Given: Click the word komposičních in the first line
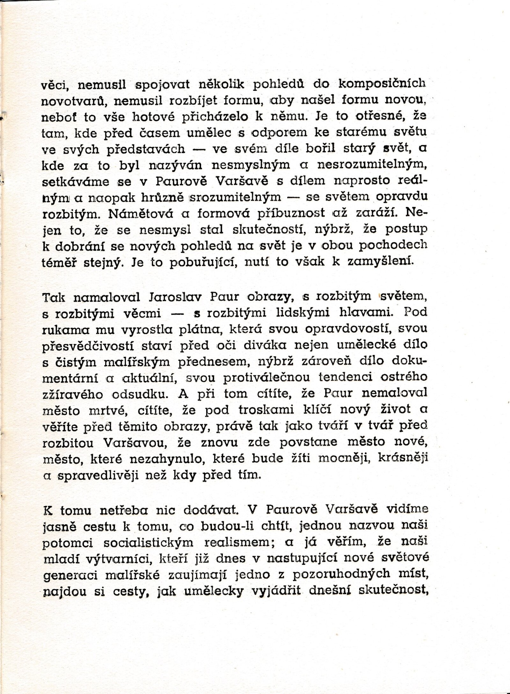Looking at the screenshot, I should click(x=381, y=84).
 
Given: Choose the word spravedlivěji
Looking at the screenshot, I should click(x=98, y=475).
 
